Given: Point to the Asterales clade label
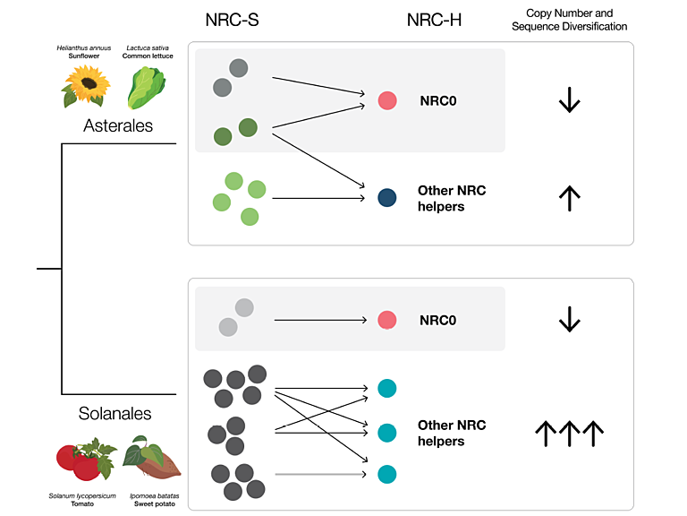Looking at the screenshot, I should click(x=118, y=126).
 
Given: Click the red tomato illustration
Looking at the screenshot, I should click(x=81, y=460).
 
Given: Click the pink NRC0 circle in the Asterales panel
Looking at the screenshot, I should click(x=386, y=100).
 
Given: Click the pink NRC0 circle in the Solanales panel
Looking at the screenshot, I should click(x=386, y=320).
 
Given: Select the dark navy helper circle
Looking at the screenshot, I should click(x=386, y=197).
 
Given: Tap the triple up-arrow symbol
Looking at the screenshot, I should click(x=569, y=435).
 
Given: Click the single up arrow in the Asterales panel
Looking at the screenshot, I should click(x=569, y=197).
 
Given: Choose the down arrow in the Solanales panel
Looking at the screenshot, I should click(x=569, y=320).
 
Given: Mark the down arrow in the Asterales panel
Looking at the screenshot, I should click(x=569, y=100).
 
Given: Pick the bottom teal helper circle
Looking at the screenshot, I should click(x=386, y=473).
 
